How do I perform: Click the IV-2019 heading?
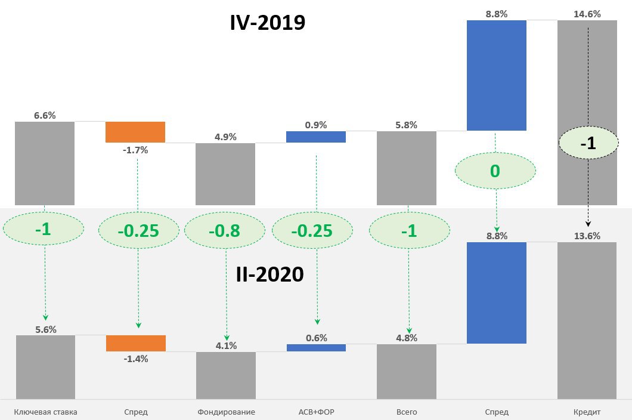click(x=268, y=23)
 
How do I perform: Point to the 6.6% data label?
click(x=45, y=116)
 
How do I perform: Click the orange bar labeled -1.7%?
click(x=135, y=132)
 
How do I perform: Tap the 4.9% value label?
click(x=225, y=137)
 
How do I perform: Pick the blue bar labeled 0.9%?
click(x=316, y=137)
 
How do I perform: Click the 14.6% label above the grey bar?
click(x=587, y=14)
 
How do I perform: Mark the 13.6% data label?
click(x=587, y=236)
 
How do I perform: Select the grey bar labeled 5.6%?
click(x=45, y=367)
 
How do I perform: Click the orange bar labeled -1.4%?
click(x=135, y=343)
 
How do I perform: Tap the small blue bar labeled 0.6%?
click(x=316, y=347)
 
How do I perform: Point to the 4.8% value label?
click(x=407, y=338)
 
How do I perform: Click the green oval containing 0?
click(x=495, y=172)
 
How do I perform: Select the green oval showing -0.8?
click(x=225, y=230)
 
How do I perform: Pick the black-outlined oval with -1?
click(x=588, y=144)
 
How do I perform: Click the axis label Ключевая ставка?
click(x=45, y=412)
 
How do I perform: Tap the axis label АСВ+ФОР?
click(x=316, y=412)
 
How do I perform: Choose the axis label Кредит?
click(x=587, y=412)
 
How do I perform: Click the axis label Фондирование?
click(x=225, y=412)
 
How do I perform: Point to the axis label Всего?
click(x=407, y=412)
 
